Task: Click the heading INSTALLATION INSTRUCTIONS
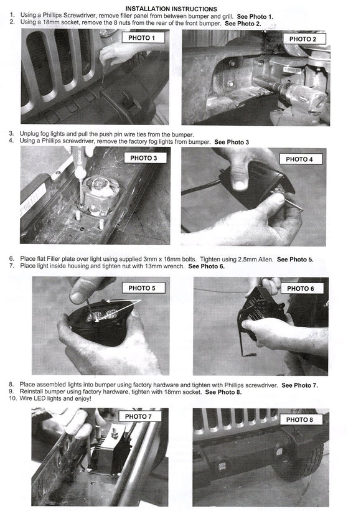click(171, 9)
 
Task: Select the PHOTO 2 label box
click(302, 39)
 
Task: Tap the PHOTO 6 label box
click(301, 288)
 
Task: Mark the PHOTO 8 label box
click(299, 420)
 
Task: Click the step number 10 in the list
click(12, 398)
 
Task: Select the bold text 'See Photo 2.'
click(243, 24)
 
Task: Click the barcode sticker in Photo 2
click(293, 70)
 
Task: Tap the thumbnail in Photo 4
click(240, 185)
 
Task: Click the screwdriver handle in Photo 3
click(78, 161)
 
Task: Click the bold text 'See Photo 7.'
click(300, 385)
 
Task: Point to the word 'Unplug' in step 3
click(29, 134)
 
